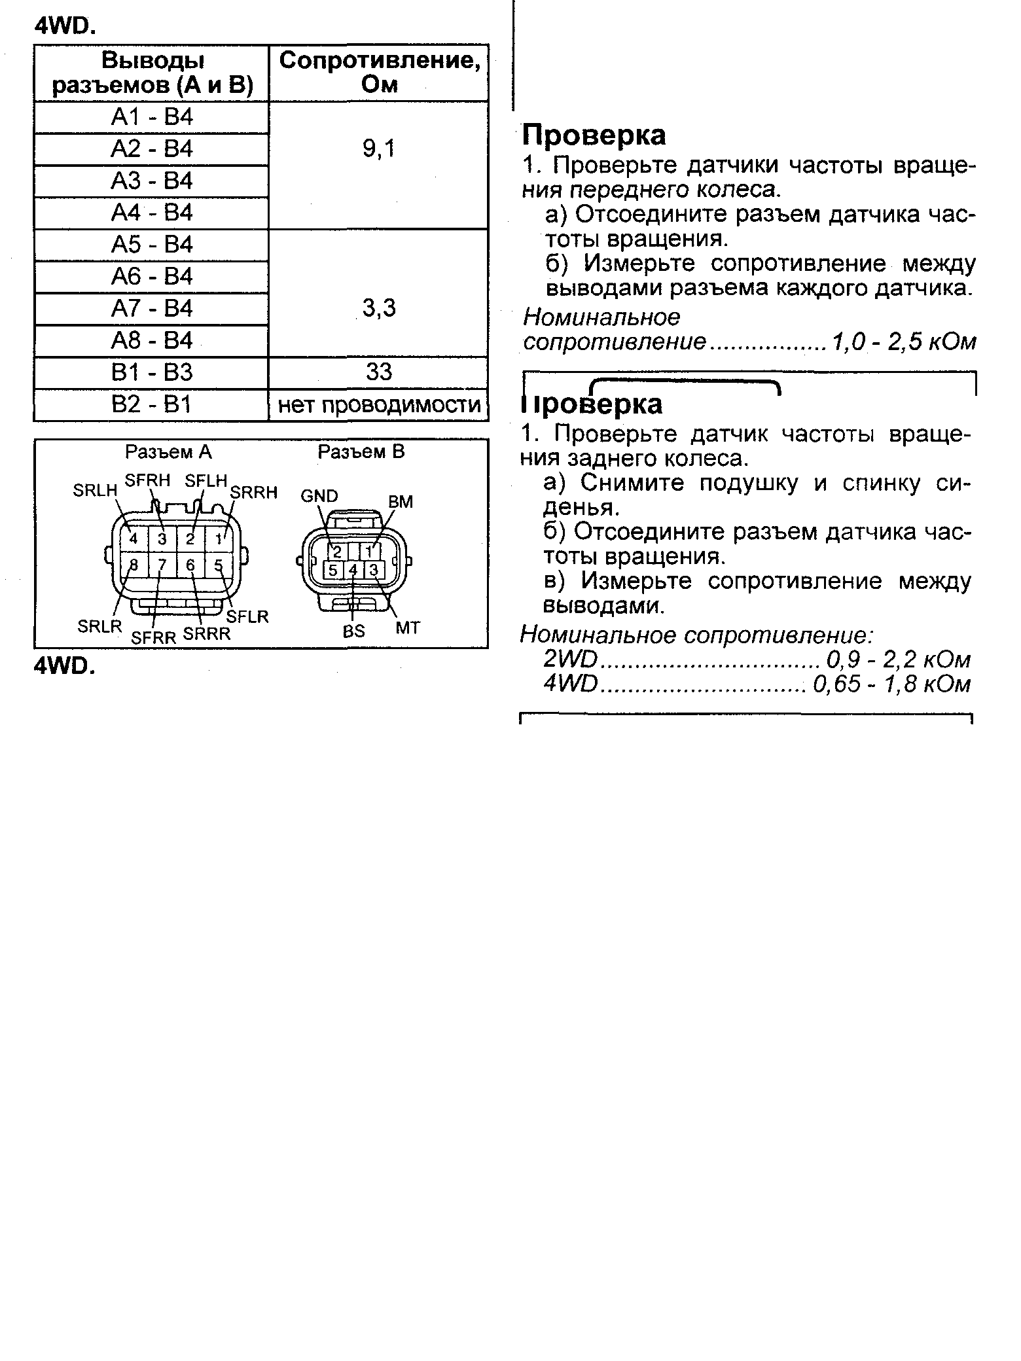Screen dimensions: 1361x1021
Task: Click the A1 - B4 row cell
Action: [152, 118]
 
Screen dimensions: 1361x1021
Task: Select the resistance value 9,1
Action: [379, 150]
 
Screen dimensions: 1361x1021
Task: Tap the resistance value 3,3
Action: [379, 308]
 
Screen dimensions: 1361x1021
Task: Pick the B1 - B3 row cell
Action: [152, 372]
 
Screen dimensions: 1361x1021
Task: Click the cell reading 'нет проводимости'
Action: [379, 405]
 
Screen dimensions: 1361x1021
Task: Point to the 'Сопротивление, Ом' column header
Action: [379, 72]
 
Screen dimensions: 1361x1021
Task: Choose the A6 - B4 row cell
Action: [152, 277]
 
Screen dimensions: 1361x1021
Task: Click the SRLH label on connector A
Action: [95, 490]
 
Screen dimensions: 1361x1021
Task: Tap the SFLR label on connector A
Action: [247, 616]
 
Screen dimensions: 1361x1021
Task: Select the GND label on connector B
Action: [319, 496]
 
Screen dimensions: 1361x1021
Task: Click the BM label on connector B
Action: [401, 502]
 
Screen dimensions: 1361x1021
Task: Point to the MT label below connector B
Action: [408, 628]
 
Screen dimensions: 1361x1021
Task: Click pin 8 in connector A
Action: [134, 565]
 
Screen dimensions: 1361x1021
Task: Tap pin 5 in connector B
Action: [332, 570]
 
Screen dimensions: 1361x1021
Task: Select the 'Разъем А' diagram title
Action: [169, 452]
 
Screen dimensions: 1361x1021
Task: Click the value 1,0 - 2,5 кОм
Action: [904, 342]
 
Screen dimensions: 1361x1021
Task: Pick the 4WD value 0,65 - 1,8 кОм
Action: [891, 684]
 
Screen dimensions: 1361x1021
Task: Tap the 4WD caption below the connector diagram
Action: [64, 665]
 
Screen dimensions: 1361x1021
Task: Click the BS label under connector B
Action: [353, 631]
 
